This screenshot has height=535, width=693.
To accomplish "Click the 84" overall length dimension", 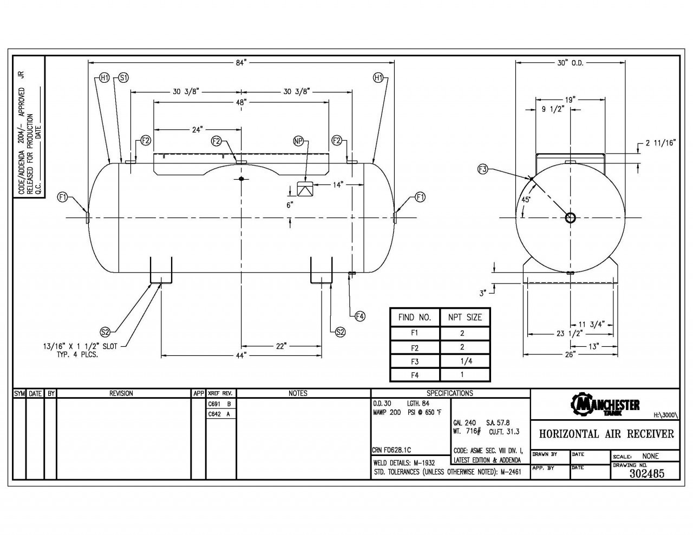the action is pos(241,63).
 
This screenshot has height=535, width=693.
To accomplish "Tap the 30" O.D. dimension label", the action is pos(570,63).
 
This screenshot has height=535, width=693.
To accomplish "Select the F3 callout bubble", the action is pos(483,169).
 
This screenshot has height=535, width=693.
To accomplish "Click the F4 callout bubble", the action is pos(359,316).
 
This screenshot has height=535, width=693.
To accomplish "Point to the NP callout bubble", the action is pos(298,141).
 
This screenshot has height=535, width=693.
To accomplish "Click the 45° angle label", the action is pos(526,200).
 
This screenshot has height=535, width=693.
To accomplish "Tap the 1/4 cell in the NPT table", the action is pos(466,361).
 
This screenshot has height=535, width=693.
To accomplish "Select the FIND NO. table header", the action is pos(415,317).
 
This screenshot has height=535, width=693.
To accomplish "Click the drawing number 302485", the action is pos(647,473).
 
